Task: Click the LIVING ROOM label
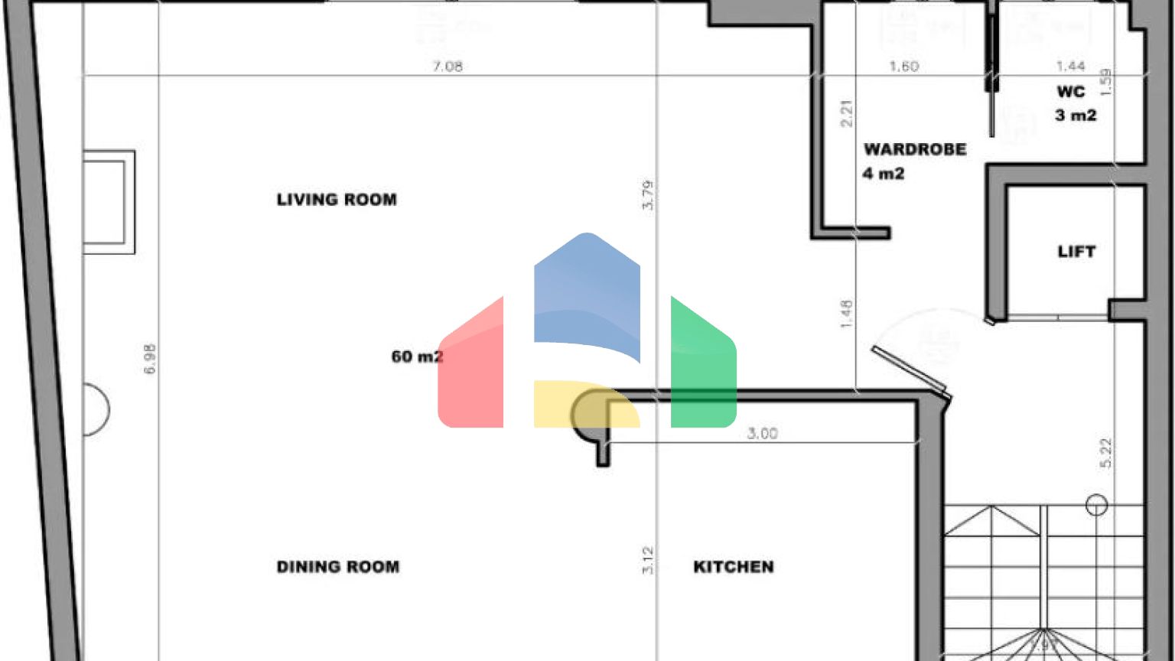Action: [x=337, y=200]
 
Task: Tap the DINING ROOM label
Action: [x=337, y=567]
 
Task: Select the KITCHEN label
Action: [x=733, y=567]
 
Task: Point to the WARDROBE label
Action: [x=915, y=149]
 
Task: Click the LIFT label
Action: [x=1076, y=252]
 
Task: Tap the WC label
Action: [x=1071, y=92]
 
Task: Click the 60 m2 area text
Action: [x=417, y=357]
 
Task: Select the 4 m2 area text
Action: [x=884, y=174]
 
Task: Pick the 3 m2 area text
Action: [x=1076, y=116]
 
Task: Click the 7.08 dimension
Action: [x=448, y=67]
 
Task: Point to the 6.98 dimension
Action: [x=150, y=359]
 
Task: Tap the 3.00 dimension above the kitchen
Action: [x=762, y=434]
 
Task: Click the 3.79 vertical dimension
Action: [x=648, y=195]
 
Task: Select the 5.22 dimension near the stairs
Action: [x=1105, y=453]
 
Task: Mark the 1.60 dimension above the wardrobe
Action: [x=903, y=67]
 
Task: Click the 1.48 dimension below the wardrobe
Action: [x=846, y=314]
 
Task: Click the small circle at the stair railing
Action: [x=1097, y=504]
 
